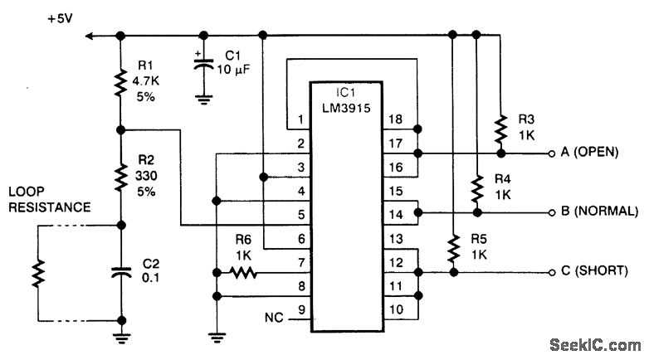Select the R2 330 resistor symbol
[120, 175]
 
